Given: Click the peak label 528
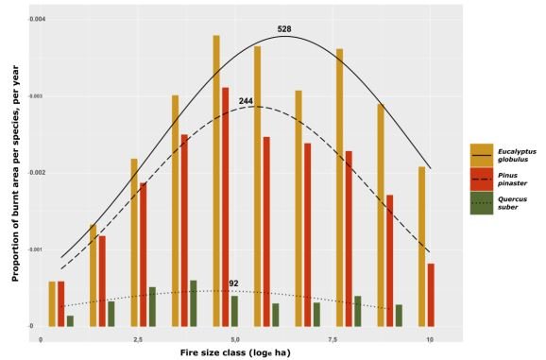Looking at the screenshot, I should point(283,29).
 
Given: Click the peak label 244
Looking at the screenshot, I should point(245,101).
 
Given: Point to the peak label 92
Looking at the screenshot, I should point(233,283).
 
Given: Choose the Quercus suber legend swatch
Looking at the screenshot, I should point(482,202).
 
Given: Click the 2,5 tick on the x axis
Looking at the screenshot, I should point(138,339).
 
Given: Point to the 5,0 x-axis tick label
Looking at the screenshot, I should point(235,339).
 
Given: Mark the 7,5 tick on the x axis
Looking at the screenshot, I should point(333,339).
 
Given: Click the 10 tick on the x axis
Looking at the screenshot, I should point(430,339).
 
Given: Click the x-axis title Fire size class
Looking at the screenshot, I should point(235,351).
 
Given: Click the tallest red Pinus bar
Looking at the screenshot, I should point(225,207).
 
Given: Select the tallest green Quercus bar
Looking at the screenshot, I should point(193,303).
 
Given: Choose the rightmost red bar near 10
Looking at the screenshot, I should point(431,295).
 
